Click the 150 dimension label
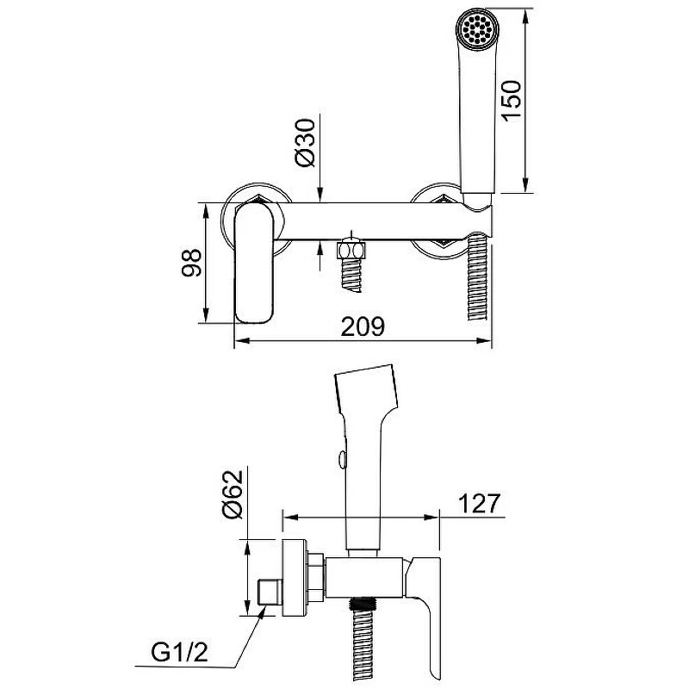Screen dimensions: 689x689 [x=512, y=101]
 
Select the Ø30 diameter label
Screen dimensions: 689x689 [x=305, y=143]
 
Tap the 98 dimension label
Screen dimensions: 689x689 [x=191, y=263]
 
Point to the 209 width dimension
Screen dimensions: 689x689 [x=363, y=326]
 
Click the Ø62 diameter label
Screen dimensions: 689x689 [x=232, y=494]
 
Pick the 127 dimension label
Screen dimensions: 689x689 [x=480, y=504]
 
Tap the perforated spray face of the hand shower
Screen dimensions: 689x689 [x=477, y=28]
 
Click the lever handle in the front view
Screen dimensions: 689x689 [x=254, y=263]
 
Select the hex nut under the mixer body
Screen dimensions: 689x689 [x=351, y=250]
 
